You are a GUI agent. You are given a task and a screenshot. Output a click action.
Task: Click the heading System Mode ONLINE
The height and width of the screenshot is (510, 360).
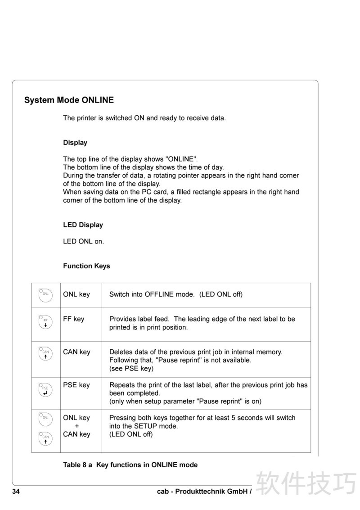coord(69,100)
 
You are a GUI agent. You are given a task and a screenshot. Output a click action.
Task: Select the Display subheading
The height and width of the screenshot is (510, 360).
coord(75,143)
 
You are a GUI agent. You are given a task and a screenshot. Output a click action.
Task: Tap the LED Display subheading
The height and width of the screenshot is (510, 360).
coord(83,225)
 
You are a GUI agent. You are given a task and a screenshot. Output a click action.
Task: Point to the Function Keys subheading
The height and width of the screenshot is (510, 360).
coord(86,266)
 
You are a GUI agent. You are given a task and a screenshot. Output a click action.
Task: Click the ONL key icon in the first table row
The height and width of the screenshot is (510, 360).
coord(45,295)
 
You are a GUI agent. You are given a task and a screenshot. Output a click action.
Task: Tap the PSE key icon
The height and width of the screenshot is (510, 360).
coord(45,390)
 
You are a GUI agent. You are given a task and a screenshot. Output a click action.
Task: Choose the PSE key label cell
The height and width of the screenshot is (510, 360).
coord(76,385)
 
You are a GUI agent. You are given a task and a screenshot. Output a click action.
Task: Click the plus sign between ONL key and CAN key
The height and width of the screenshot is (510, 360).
coord(76,426)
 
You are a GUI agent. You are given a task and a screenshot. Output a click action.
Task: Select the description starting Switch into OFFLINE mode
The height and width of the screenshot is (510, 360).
coord(176,294)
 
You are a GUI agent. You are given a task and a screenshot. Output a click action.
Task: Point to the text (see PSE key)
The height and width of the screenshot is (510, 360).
coord(131,369)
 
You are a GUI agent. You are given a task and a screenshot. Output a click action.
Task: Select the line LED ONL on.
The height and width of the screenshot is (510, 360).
coord(84,241)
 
